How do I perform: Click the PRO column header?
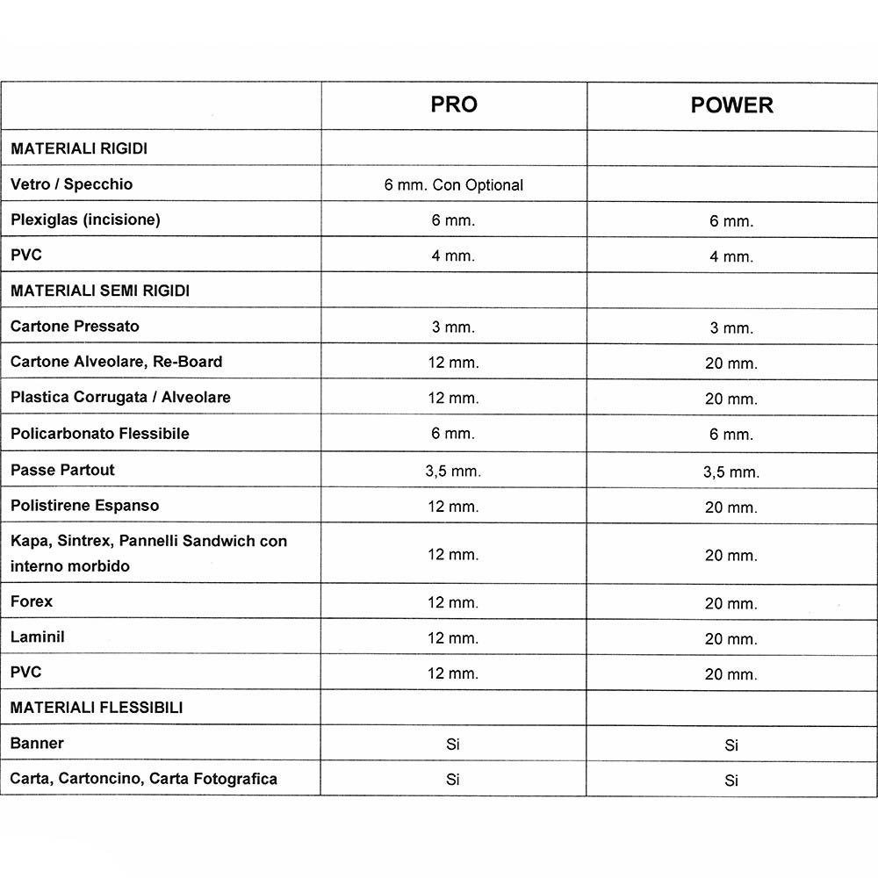[454, 104]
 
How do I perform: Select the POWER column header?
[731, 105]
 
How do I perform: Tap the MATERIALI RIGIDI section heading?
[79, 148]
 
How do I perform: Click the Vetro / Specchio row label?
[72, 184]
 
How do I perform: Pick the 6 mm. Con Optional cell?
[454, 185]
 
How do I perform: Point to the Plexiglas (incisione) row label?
[85, 219]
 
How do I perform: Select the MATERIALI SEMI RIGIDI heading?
[100, 291]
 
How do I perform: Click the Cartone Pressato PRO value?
[453, 327]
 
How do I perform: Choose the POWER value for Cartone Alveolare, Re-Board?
[730, 363]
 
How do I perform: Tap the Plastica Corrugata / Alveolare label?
[120, 397]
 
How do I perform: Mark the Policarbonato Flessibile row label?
[99, 433]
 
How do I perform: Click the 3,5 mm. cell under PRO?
[453, 471]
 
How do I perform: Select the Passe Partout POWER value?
[730, 472]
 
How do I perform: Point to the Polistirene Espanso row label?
[85, 505]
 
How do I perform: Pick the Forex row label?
[32, 601]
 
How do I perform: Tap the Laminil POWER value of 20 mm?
[730, 639]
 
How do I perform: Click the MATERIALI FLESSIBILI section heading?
[97, 707]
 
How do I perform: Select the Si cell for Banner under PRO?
[453, 745]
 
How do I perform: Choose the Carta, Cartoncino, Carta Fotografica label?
[144, 779]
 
